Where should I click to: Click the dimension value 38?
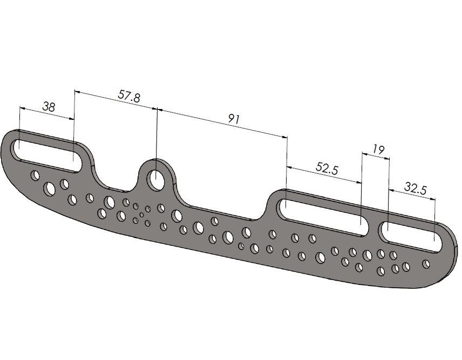(49, 106)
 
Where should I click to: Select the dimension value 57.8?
(129, 96)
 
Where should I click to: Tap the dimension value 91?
(235, 118)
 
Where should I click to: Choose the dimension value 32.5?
(416, 188)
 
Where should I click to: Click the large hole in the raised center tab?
(155, 178)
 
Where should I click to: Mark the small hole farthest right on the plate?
(426, 263)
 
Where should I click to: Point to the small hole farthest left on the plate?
(36, 175)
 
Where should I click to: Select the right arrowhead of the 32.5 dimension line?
(432, 200)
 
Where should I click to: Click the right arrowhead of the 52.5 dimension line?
(358, 182)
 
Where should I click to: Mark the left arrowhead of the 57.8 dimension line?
(77, 92)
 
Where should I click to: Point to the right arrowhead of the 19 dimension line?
(386, 158)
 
